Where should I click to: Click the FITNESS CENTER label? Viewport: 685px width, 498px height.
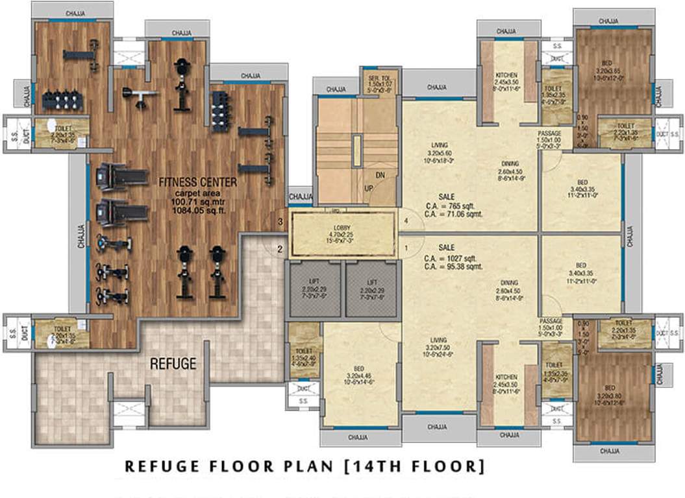click(x=197, y=182)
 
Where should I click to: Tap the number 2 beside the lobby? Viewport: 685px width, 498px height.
click(x=280, y=248)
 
